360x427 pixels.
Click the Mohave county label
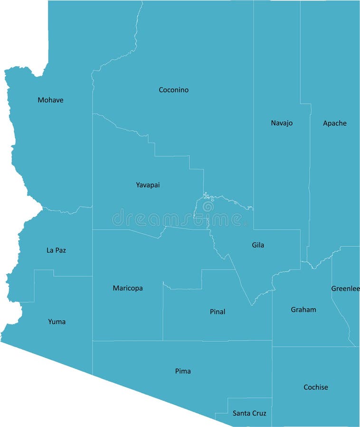50,100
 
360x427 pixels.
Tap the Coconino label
173,90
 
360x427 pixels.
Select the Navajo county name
282,123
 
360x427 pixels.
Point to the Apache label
335,123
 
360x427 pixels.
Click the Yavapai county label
148,185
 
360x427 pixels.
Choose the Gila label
258,245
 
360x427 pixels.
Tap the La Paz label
56,250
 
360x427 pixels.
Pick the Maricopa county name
127,288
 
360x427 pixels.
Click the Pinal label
218,312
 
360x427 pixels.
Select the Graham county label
303,310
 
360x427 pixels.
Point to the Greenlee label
345,288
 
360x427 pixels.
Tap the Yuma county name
57,322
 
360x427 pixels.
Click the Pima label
183,371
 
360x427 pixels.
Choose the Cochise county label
316,387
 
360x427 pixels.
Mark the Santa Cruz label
249,413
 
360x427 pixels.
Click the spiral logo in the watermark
208,206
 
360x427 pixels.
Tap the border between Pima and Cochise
272,375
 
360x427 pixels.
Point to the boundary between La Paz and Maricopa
92,251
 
